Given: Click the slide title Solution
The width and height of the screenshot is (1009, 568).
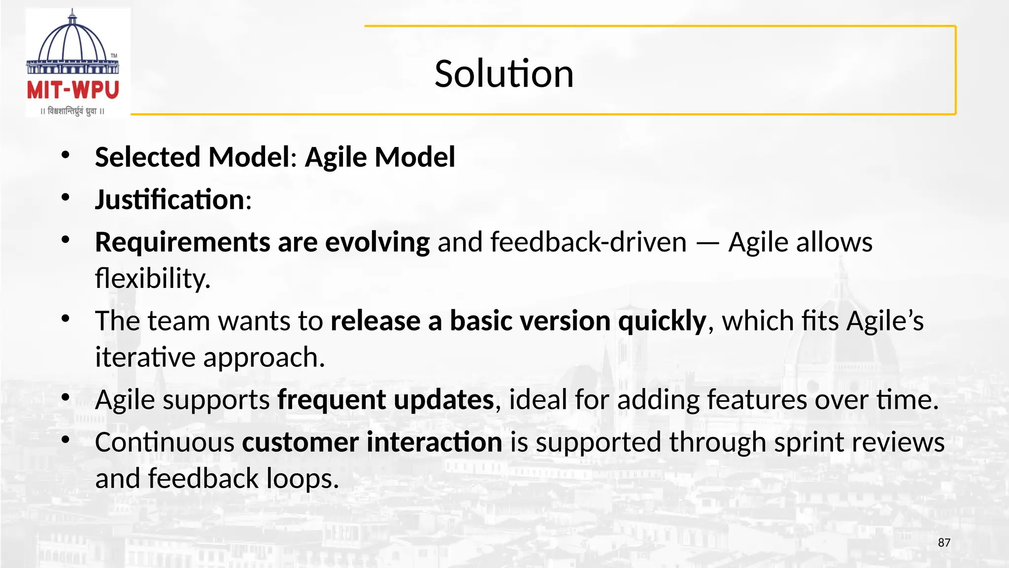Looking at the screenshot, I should (504, 74).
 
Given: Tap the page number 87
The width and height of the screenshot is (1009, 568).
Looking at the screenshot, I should (944, 543).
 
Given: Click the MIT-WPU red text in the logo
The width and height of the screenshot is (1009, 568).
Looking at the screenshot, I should (73, 90).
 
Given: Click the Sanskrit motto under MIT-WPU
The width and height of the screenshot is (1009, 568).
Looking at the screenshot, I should (73, 111).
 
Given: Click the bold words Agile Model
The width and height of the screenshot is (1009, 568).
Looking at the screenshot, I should (380, 157).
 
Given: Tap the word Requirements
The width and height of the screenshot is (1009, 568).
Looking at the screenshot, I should (182, 243).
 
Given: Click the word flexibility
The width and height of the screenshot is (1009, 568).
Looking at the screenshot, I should (152, 279).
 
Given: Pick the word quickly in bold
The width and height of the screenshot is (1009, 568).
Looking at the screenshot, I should (662, 321).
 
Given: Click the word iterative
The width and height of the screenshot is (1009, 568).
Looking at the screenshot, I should (145, 357).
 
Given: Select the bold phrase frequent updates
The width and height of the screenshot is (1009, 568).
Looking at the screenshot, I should (385, 400).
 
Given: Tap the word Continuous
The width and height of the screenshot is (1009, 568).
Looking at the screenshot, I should (165, 442).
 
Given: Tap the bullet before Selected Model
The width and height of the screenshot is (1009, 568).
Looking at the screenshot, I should (66, 156).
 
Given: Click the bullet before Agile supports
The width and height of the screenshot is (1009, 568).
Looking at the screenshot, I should (66, 398).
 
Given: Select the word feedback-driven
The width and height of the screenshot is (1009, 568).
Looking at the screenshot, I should (588, 243).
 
